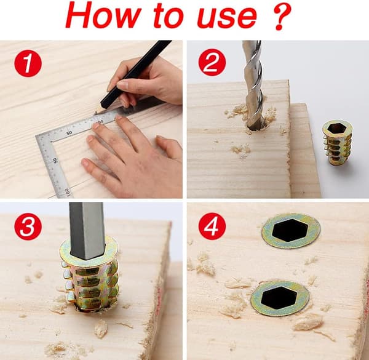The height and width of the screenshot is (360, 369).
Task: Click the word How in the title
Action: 103,15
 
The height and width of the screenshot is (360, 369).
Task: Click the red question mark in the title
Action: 280,16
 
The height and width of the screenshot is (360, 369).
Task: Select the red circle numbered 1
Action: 28,63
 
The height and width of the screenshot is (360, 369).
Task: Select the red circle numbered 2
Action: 212,62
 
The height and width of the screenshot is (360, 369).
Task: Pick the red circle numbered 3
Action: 28,226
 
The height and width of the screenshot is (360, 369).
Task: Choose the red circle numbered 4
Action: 212,226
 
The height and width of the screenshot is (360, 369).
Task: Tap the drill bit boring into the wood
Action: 253,85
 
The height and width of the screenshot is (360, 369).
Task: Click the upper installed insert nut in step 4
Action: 291,231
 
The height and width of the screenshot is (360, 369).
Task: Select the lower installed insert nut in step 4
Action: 279,298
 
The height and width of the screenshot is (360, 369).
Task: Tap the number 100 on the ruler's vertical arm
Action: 67,192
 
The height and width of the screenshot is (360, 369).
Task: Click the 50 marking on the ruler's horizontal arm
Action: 69,133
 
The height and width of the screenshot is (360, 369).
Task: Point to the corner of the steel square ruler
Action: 37,137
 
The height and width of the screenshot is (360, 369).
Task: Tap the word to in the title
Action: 169,16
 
